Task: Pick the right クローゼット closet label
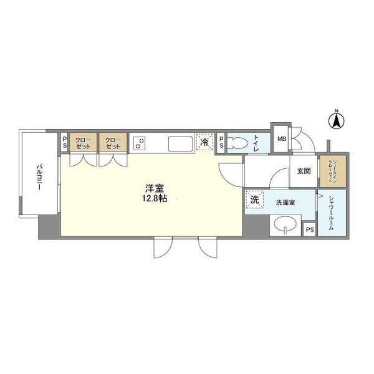pos(113,143)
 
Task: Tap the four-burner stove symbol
pos(140,143)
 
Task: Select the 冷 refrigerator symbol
pos(204,143)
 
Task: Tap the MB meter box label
pos(281,138)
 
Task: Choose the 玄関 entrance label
pos(303,171)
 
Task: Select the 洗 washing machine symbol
pos(254,200)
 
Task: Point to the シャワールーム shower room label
pos(330,214)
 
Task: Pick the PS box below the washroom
pos(310,229)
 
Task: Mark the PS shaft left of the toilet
pos(221,143)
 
